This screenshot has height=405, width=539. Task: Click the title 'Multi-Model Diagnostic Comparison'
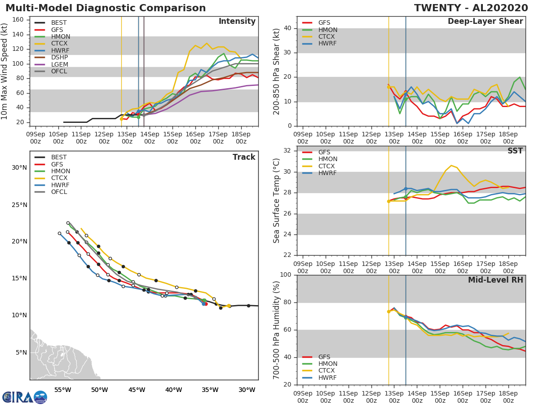click(x=106, y=8)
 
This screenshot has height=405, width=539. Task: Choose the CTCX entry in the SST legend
click(x=327, y=166)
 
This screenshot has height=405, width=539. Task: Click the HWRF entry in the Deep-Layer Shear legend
click(x=327, y=44)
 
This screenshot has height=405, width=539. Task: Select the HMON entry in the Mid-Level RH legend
click(x=327, y=364)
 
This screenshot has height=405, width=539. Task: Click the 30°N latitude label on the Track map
click(x=19, y=168)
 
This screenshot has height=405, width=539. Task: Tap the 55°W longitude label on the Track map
click(x=62, y=390)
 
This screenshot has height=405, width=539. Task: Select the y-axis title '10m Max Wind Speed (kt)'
click(x=5, y=72)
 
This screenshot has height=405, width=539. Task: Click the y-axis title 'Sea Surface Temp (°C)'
click(x=277, y=201)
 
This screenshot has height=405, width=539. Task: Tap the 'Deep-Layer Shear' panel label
click(x=485, y=22)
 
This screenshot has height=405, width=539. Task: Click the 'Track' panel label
click(x=244, y=157)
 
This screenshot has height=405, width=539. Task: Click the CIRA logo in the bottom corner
click(x=25, y=397)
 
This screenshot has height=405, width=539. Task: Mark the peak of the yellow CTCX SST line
click(x=451, y=165)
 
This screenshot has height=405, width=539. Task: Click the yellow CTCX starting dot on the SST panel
click(x=389, y=201)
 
